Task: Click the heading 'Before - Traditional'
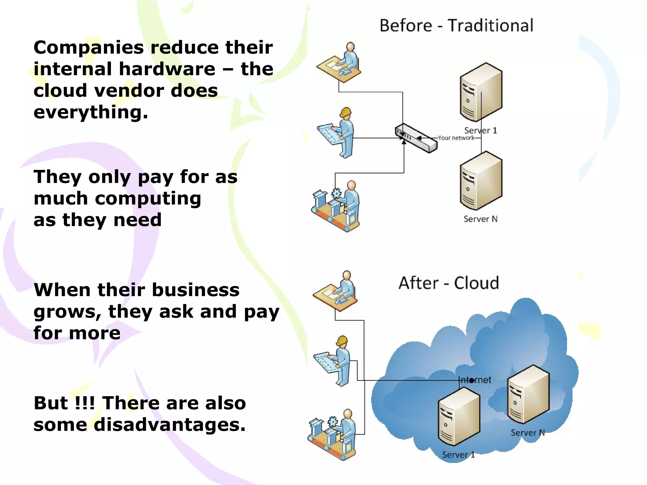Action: point(456,26)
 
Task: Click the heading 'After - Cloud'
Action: point(449,283)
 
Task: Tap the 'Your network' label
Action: point(456,138)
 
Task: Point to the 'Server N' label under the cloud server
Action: point(528,433)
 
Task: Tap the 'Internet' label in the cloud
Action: point(475,380)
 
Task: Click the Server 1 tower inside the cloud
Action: point(459,417)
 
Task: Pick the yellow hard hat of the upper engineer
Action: point(346,112)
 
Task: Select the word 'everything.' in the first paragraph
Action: point(91,112)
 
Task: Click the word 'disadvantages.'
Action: point(170,425)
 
